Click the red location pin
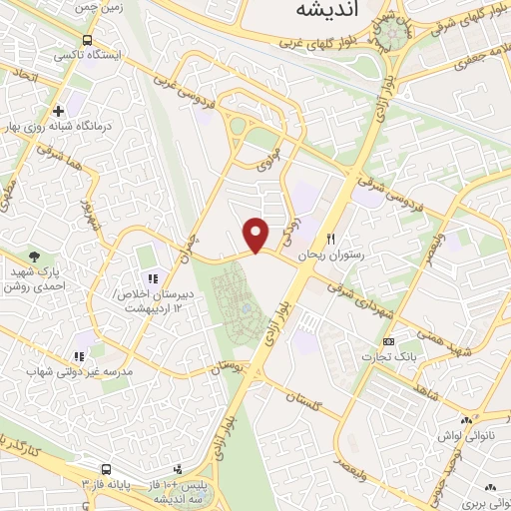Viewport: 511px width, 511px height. point(256,235)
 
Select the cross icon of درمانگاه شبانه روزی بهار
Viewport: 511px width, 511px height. point(58,111)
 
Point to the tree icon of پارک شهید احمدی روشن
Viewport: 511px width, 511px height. point(36,257)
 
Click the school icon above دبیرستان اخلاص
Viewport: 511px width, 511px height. point(153,278)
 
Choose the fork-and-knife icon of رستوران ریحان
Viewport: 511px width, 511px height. point(331,241)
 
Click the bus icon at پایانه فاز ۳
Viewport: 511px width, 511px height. point(106,468)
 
